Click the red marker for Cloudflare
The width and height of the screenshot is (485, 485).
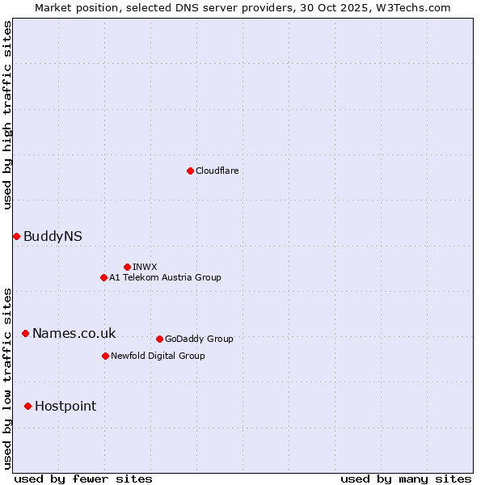tap(190, 171)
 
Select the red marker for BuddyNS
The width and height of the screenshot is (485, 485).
tap(16, 236)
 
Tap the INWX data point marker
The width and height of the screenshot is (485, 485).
tap(127, 267)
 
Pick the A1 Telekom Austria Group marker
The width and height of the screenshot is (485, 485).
tap(103, 277)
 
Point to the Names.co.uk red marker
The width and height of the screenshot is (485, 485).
tap(25, 333)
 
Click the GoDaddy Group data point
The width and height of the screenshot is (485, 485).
tap(159, 339)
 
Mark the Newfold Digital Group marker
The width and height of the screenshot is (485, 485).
tap(105, 356)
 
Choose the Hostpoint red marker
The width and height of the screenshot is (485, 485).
tap(27, 406)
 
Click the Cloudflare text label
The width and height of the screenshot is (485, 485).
tap(217, 171)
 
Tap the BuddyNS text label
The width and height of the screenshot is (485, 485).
tap(53, 236)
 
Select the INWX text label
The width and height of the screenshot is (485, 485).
tap(145, 267)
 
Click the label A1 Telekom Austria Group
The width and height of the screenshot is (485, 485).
tap(165, 277)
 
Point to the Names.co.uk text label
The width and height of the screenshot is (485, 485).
tap(74, 333)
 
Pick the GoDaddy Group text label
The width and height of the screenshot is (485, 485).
tap(199, 339)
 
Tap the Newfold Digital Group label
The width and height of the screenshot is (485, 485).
tap(158, 356)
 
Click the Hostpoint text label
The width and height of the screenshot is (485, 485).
tap(65, 406)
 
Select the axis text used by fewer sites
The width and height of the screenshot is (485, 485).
tap(83, 479)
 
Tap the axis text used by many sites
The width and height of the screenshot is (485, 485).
tap(406, 479)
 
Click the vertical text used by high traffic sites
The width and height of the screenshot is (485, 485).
tap(7, 115)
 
